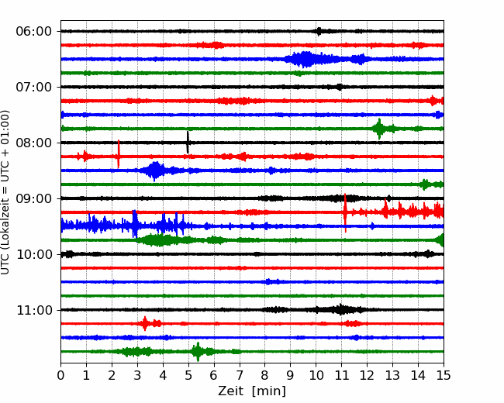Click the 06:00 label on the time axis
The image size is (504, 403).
(x=33, y=31)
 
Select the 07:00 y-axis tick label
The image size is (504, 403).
(x=33, y=87)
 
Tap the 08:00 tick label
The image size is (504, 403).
(x=33, y=143)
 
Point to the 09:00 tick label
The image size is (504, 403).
(x=33, y=198)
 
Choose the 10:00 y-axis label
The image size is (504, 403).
(x=33, y=254)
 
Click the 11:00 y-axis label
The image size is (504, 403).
(x=33, y=310)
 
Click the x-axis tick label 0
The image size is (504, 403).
(x=60, y=376)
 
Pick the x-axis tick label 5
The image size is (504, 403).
(x=188, y=376)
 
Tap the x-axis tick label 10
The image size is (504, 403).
(x=316, y=376)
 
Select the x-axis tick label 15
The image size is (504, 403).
(x=444, y=376)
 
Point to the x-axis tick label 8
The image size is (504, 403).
(x=264, y=376)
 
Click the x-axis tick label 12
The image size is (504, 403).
(x=367, y=376)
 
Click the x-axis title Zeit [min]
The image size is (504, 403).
(x=252, y=391)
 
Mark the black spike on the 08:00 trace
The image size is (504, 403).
(x=188, y=142)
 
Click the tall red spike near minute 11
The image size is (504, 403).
(x=345, y=212)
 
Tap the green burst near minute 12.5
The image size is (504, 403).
(x=379, y=129)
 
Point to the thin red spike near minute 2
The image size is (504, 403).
(x=119, y=154)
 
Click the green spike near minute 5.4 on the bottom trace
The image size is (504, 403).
(x=198, y=352)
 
